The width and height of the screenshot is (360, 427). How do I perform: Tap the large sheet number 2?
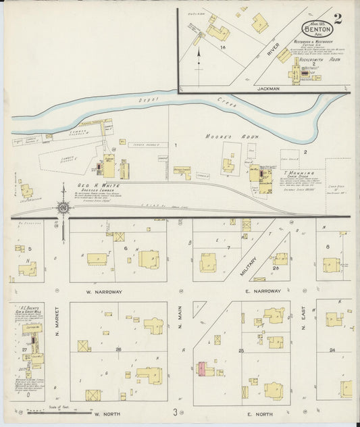point(337,18)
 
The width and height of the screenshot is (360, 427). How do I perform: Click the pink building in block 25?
point(201,370)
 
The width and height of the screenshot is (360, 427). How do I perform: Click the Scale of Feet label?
point(59,407)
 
